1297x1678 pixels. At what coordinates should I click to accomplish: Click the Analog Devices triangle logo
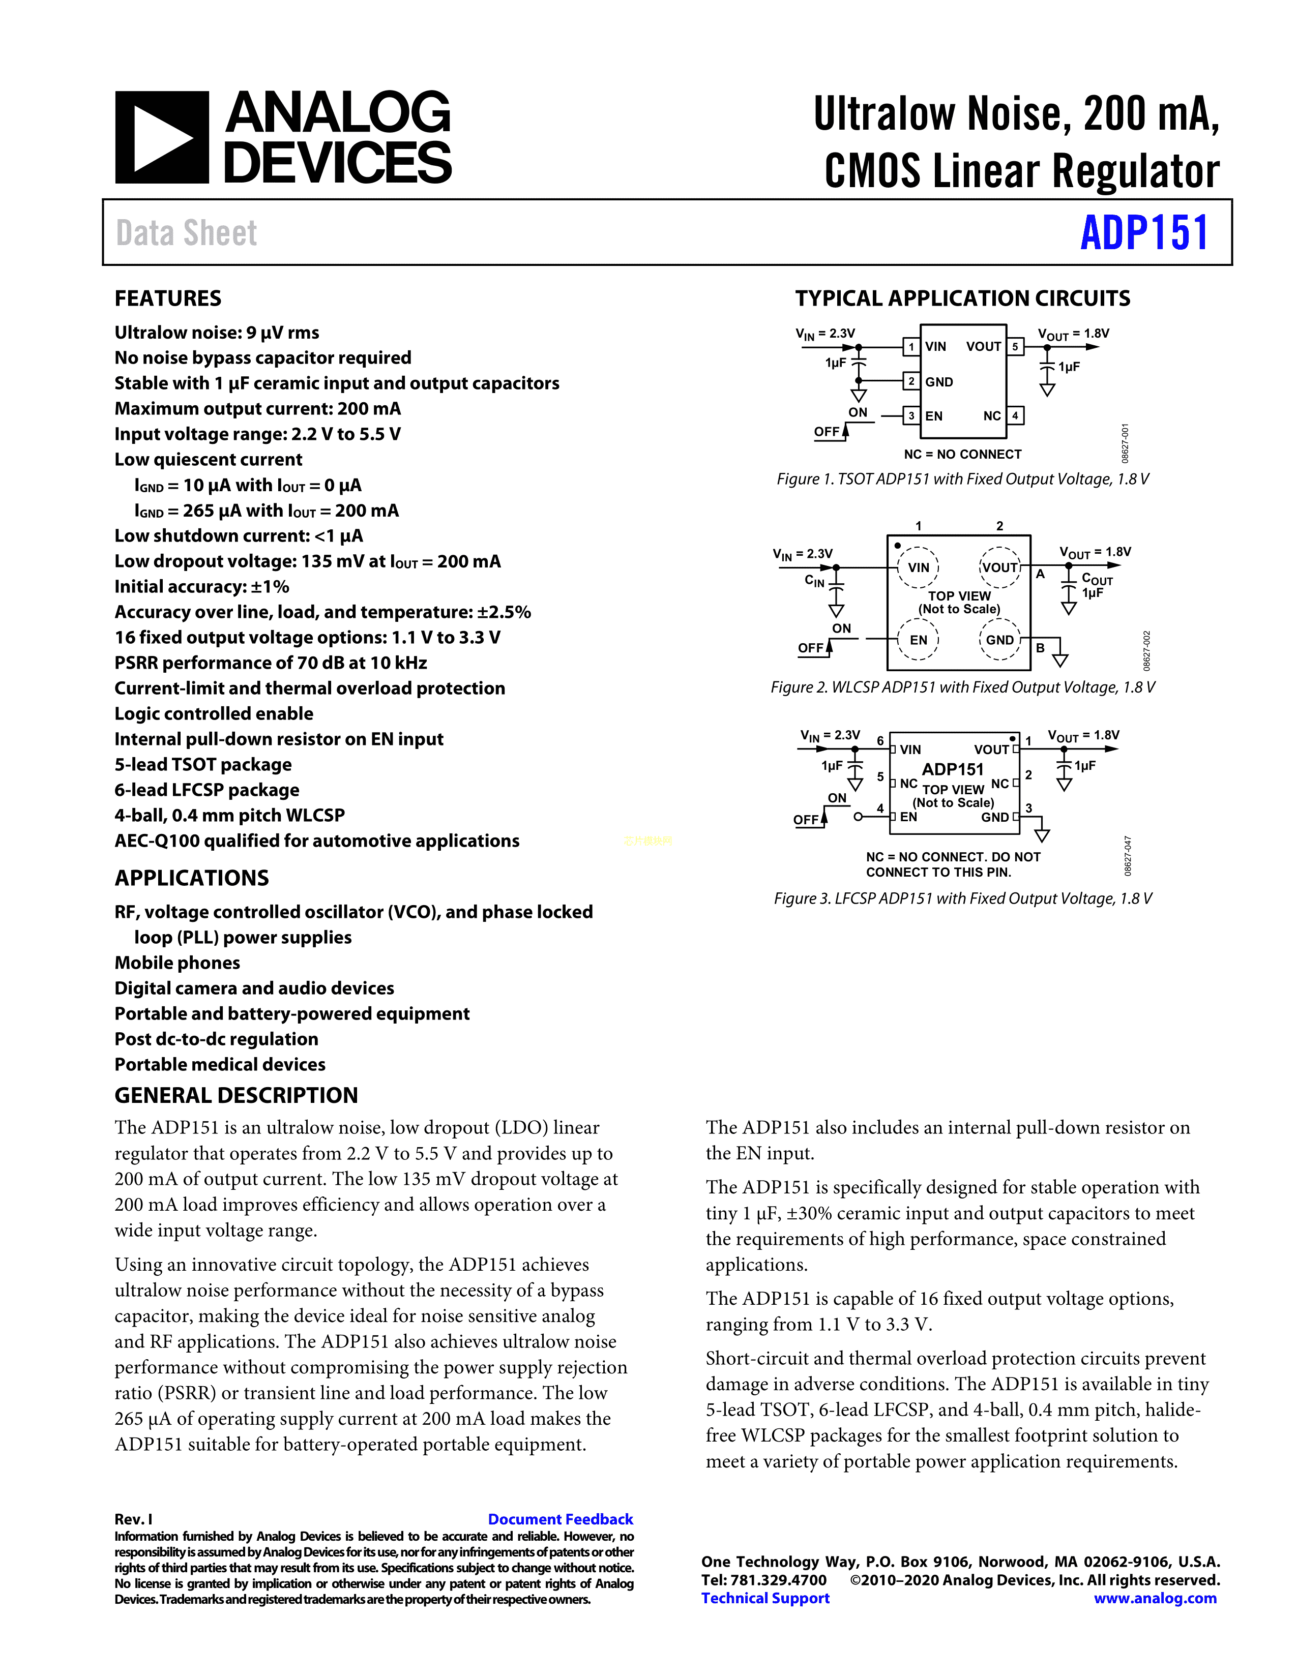pos(161,137)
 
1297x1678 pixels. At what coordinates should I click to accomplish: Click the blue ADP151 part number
pos(1143,233)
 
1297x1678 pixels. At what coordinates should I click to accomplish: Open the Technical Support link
pos(765,1598)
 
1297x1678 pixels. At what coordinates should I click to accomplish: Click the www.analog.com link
pos(1155,1598)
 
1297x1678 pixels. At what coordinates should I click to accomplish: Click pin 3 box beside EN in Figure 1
pos(911,415)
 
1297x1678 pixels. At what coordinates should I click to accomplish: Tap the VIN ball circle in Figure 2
pos(918,567)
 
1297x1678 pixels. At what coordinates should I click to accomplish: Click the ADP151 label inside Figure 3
pos(953,769)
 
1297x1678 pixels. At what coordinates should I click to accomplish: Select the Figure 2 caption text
pos(962,687)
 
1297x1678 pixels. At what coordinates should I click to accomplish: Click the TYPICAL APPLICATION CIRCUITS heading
pos(962,298)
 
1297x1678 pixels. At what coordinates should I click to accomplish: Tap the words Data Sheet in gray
pos(186,233)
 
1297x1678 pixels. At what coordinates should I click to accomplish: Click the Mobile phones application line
pos(176,963)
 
